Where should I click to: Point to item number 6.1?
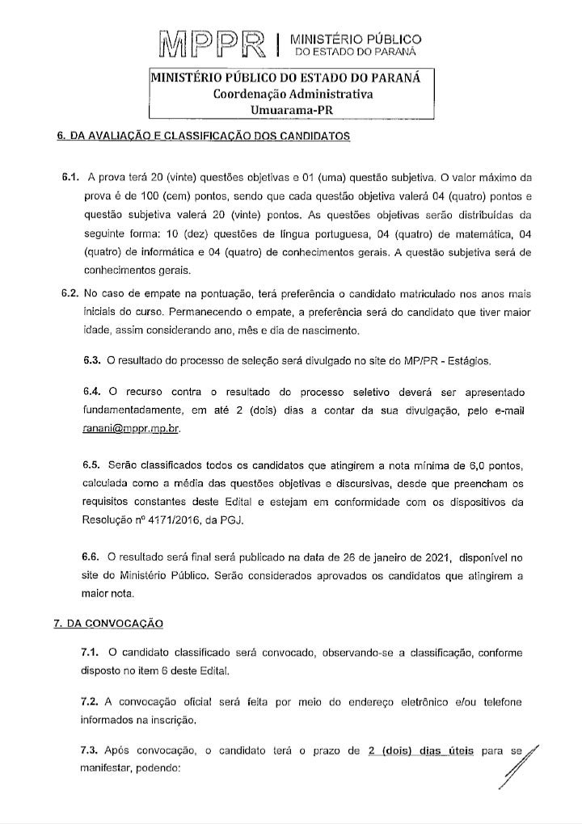click(72, 177)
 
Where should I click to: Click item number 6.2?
click(69, 293)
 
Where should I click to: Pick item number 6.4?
click(93, 393)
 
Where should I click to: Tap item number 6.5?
click(93, 466)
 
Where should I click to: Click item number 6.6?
click(93, 557)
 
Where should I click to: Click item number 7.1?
click(93, 652)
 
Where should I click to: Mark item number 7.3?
click(93, 751)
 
